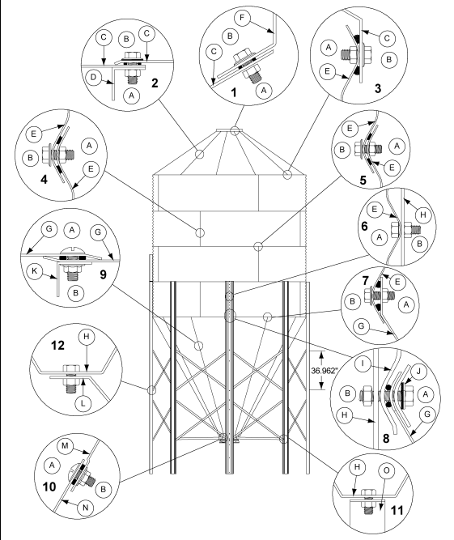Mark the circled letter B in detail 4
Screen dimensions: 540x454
click(x=32, y=156)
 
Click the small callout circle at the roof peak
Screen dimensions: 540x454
click(x=234, y=130)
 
